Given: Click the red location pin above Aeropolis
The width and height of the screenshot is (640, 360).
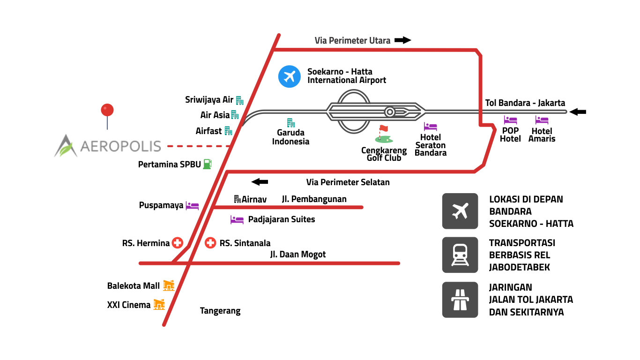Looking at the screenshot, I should point(107,111).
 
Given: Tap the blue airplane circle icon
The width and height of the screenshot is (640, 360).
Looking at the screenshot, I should point(289,76).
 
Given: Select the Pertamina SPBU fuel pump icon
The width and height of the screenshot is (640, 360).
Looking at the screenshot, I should point(207,164).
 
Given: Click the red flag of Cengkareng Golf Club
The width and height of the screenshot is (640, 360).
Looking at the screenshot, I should point(384,128).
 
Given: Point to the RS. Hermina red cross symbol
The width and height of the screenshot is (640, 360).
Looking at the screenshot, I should point(177,243).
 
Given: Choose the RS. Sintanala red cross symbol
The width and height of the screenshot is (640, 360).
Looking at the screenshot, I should point(210,243).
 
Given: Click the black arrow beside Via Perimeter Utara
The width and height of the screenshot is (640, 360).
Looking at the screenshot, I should point(402,40).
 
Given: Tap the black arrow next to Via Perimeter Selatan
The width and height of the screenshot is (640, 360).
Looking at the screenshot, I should point(260,181).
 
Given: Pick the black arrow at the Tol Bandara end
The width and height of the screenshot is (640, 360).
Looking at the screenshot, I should point(577,112).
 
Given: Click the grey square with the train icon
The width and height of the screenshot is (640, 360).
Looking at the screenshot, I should point(460,255).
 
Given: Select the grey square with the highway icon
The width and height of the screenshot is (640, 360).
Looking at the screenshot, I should point(460,300).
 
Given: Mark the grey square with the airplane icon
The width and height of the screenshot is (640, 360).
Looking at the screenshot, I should point(460,211).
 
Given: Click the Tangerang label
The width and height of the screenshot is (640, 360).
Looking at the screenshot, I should point(220,311).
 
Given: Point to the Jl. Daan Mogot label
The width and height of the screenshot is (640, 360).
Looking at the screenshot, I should point(298,255).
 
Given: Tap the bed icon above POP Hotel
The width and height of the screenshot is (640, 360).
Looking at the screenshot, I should point(510,120).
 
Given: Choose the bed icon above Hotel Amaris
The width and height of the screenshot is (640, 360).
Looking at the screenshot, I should point(542,120).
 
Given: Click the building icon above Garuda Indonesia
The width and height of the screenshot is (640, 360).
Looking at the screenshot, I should point(291,123).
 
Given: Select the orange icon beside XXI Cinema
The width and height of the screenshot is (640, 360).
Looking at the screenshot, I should point(159,305).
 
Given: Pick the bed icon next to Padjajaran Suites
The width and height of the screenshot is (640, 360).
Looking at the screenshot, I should point(237,219).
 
